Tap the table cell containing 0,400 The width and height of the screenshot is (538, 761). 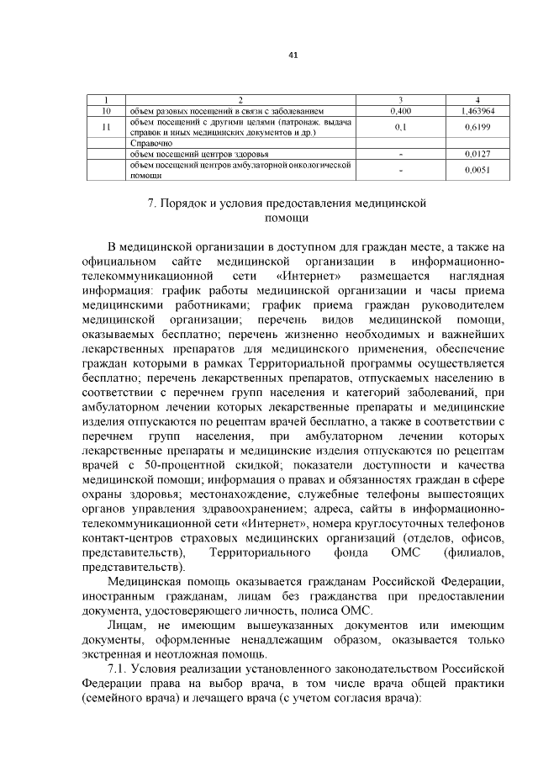[401, 110]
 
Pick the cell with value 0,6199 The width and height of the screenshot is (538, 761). [477, 127]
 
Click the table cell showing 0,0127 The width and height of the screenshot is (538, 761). [477, 155]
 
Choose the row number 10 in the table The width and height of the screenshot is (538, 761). [107, 110]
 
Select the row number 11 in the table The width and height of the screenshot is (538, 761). [107, 127]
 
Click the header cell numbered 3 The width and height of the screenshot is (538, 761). [401, 100]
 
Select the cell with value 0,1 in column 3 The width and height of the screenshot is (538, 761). [401, 127]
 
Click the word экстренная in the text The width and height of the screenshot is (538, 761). [115, 653]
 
